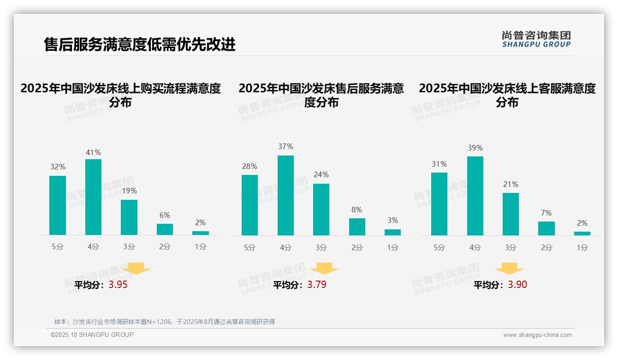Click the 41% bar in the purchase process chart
click(x=93, y=197)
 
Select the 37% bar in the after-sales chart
click(x=285, y=195)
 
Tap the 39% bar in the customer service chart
click(x=475, y=196)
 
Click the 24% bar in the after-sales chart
click(x=321, y=210)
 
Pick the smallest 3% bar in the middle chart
click(x=392, y=232)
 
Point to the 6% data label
click(x=165, y=215)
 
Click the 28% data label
click(x=250, y=166)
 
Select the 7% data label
click(x=547, y=213)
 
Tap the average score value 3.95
click(x=118, y=285)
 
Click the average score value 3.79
click(x=317, y=285)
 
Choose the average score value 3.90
click(x=517, y=285)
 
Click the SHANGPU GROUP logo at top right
click(x=536, y=39)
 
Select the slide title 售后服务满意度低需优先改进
click(x=140, y=44)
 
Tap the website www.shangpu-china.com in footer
click(x=537, y=335)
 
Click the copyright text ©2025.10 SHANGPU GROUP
click(x=92, y=335)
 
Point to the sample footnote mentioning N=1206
click(x=165, y=322)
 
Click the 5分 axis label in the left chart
click(x=58, y=246)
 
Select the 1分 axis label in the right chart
click(x=582, y=247)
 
